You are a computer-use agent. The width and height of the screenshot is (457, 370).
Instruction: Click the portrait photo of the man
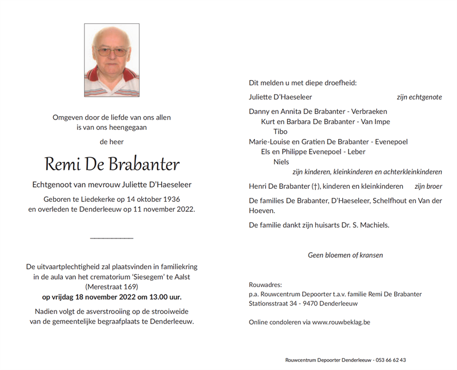tap(111, 60)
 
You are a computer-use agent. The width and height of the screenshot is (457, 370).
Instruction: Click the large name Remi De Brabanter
tap(112, 165)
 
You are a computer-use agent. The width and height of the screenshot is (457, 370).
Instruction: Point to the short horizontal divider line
tap(112, 237)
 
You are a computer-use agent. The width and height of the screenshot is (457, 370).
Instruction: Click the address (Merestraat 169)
tap(111, 287)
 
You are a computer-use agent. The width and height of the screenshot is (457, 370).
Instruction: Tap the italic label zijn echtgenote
tap(419, 97)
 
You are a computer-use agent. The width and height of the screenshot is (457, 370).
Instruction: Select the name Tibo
tap(280, 132)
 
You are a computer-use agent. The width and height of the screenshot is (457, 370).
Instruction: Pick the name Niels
tap(281, 162)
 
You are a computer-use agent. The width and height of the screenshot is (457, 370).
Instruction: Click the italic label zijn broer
tap(428, 186)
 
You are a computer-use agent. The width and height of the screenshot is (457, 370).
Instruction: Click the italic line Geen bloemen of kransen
tap(345, 255)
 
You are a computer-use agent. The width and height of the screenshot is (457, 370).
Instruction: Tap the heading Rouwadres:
tap(266, 285)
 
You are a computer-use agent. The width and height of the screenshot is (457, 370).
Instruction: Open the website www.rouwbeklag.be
tap(341, 323)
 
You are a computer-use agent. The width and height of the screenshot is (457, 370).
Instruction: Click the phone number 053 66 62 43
tap(391, 360)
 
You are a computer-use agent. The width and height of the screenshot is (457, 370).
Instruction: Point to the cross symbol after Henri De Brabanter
tap(315, 186)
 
